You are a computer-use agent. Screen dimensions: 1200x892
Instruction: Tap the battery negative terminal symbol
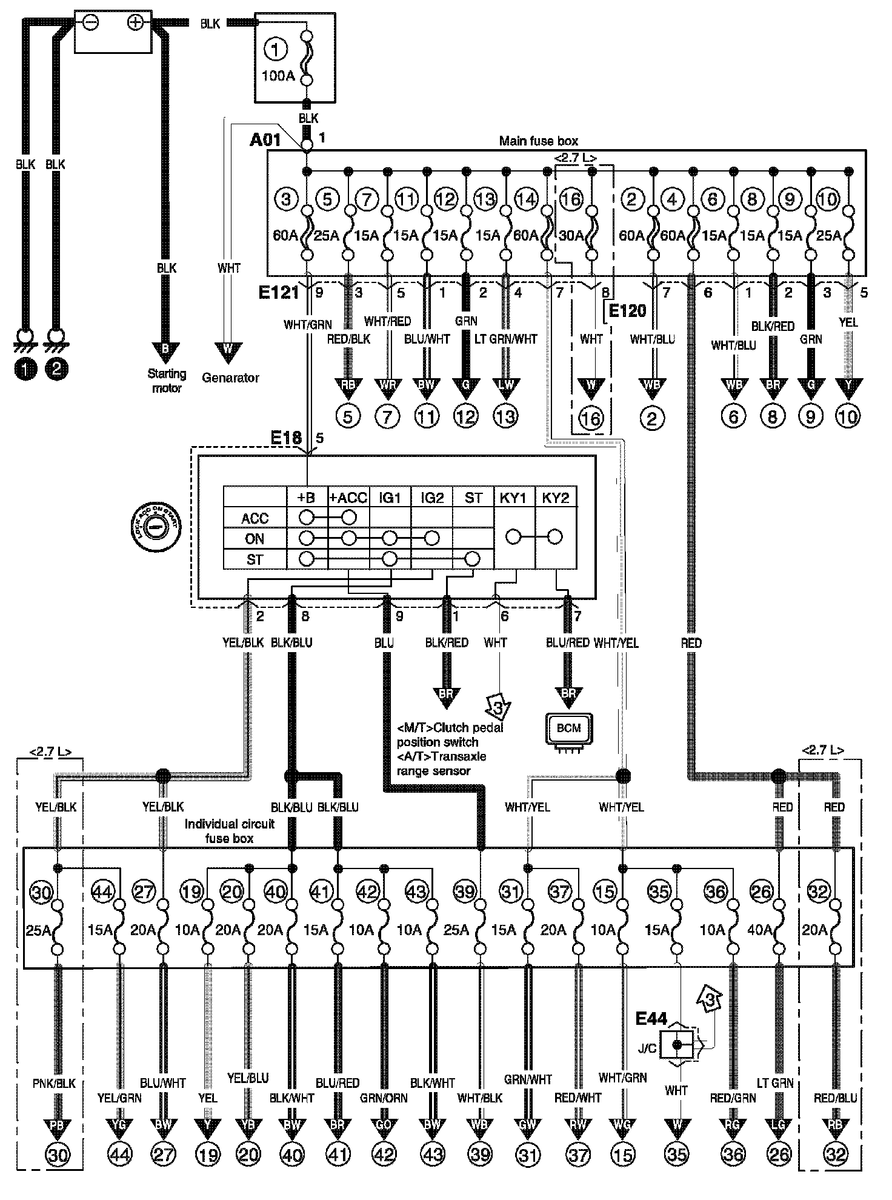pyautogui.click(x=90, y=22)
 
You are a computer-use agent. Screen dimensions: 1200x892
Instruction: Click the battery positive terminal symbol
pyautogui.click(x=135, y=22)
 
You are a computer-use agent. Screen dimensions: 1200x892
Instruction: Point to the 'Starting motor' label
pyautogui.click(x=167, y=381)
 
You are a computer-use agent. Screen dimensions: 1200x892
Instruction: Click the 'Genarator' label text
pyautogui.click(x=230, y=378)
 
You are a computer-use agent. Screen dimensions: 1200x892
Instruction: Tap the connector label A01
pyautogui.click(x=265, y=141)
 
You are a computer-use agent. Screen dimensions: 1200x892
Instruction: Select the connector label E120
pyautogui.click(x=627, y=312)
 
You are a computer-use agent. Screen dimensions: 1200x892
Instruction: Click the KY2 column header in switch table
pyautogui.click(x=556, y=498)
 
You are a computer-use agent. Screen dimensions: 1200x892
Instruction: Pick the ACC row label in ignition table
pyautogui.click(x=255, y=518)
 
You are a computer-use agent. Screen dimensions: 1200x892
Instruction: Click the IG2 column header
pyautogui.click(x=432, y=498)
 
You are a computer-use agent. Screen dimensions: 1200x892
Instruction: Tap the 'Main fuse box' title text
pyautogui.click(x=538, y=141)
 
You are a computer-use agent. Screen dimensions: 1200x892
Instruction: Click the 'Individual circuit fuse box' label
pyautogui.click(x=229, y=831)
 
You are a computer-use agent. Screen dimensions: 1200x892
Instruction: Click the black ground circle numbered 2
pyautogui.click(x=56, y=369)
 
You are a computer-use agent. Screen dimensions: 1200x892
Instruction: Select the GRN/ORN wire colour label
pyautogui.click(x=384, y=1098)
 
